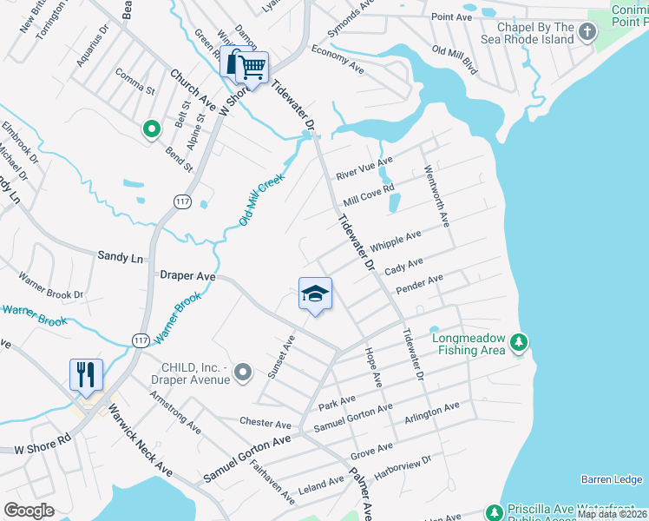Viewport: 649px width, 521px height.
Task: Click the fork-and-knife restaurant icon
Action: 86,375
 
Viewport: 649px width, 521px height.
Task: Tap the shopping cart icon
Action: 252,67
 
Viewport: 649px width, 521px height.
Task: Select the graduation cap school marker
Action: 315,294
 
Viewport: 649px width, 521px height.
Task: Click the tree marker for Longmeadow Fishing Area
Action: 518,343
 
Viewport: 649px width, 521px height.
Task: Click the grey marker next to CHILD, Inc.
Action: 242,373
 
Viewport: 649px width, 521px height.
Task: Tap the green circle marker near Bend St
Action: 151,130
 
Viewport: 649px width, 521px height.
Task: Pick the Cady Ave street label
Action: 403,266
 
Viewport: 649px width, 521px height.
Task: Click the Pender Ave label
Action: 419,283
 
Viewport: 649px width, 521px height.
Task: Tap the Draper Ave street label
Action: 187,275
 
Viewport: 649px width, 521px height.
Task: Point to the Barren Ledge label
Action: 612,479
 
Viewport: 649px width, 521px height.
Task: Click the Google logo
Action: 29,510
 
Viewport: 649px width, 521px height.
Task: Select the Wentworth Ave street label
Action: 436,197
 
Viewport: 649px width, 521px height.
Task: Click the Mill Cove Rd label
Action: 369,194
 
